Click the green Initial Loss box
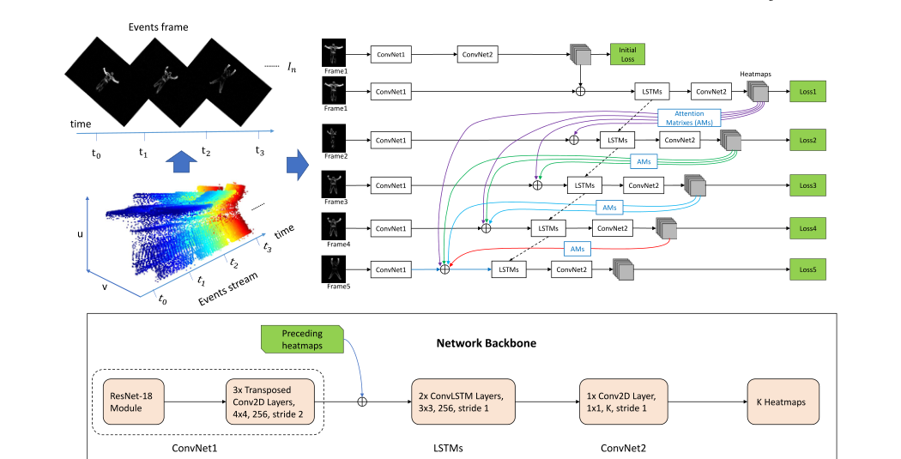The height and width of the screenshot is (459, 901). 626,55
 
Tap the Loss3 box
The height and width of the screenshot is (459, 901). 807,184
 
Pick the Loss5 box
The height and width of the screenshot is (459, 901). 807,270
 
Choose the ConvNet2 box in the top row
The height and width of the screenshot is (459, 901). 479,55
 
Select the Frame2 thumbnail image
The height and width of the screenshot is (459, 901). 333,138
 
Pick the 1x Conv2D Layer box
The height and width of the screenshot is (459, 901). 620,402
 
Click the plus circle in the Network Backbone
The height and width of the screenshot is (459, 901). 362,402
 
